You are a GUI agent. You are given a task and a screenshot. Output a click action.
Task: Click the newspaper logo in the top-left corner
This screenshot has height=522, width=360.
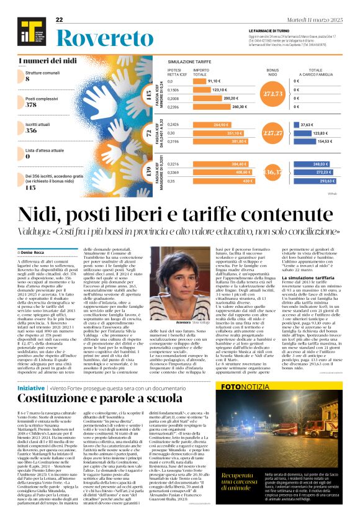28,29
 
